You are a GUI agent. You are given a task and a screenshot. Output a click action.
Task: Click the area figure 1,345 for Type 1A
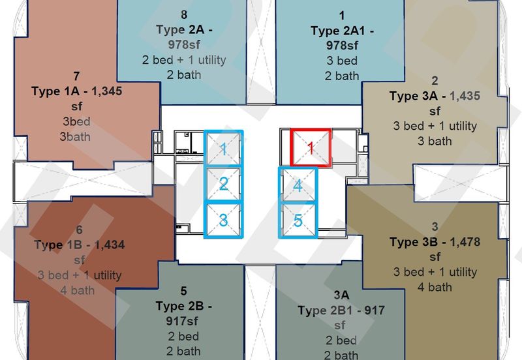(106, 91)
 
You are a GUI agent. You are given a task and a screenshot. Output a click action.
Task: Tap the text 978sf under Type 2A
(184, 44)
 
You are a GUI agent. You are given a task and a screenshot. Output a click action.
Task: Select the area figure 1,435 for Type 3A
(465, 96)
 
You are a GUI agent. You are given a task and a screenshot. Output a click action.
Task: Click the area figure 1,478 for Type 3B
(465, 242)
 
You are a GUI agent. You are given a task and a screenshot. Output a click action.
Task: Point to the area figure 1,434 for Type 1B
(109, 245)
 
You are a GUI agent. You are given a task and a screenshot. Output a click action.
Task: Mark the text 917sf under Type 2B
(182, 321)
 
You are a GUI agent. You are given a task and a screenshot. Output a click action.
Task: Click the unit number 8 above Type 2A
(184, 14)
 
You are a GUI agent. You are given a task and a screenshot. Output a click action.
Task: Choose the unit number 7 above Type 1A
(76, 76)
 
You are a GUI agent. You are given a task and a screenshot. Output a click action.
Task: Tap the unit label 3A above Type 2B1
(341, 295)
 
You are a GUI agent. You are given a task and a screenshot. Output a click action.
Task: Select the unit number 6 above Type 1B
(79, 230)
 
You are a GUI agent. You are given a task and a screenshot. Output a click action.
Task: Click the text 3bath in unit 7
(75, 137)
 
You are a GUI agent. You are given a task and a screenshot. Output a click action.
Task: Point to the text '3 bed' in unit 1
(342, 61)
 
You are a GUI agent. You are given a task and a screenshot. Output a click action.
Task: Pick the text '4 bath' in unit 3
(435, 287)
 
